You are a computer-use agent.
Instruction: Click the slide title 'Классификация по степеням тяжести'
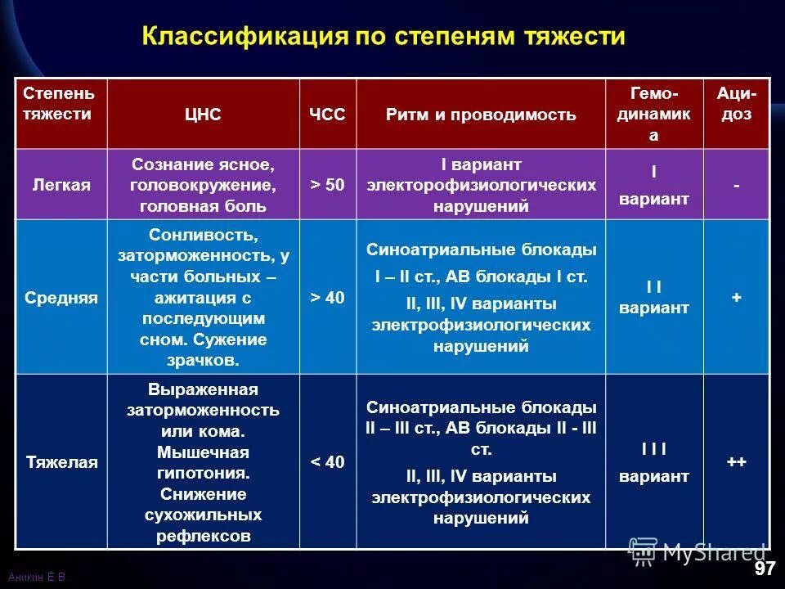click(384, 37)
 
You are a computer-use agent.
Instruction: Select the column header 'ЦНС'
click(203, 115)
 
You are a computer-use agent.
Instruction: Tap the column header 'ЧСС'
click(327, 115)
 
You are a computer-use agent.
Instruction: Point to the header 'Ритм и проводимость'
click(481, 115)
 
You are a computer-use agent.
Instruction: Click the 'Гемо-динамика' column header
click(653, 115)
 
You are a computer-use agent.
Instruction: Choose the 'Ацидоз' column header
click(736, 104)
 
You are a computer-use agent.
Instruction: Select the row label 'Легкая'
click(61, 185)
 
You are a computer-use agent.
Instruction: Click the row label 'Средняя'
click(61, 298)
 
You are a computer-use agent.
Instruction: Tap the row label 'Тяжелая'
click(61, 462)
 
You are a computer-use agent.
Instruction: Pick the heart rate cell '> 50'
click(327, 185)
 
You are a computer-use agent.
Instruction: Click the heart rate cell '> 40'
click(327, 298)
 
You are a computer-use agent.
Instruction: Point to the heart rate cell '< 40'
click(327, 462)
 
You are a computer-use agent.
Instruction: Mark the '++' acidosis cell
click(736, 462)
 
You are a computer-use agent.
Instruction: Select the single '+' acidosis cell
click(736, 298)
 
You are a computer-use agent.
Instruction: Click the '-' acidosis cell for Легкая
click(736, 186)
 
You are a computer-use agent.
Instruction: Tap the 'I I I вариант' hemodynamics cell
click(653, 462)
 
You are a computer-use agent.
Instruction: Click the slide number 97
click(764, 569)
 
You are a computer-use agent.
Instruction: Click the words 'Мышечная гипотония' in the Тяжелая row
click(203, 462)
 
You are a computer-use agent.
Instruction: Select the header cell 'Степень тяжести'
click(61, 104)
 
